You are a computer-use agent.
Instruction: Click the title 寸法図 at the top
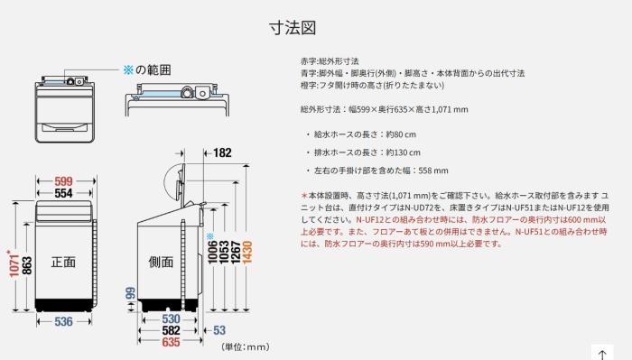[293, 28]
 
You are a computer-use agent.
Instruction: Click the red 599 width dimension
[64, 181]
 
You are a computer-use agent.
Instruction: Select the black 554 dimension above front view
[64, 193]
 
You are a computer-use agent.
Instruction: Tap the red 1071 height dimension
[14, 263]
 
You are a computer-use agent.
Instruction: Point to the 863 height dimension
[27, 265]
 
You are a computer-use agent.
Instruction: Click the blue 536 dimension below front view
[64, 321]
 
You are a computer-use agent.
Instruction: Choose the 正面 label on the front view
[63, 263]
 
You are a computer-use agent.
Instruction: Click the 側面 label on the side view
[161, 263]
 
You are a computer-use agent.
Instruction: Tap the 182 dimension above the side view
[222, 153]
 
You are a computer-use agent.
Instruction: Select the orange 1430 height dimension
[247, 253]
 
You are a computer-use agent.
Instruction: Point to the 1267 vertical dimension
[236, 253]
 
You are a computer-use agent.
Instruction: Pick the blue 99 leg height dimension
[131, 293]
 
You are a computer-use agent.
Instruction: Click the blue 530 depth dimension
[171, 318]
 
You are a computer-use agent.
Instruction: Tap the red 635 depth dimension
[171, 342]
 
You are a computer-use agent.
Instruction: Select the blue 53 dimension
[219, 330]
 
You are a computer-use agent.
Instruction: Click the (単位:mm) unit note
[246, 346]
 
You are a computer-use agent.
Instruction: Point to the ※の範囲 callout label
[147, 70]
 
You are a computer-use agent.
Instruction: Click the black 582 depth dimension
[171, 330]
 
